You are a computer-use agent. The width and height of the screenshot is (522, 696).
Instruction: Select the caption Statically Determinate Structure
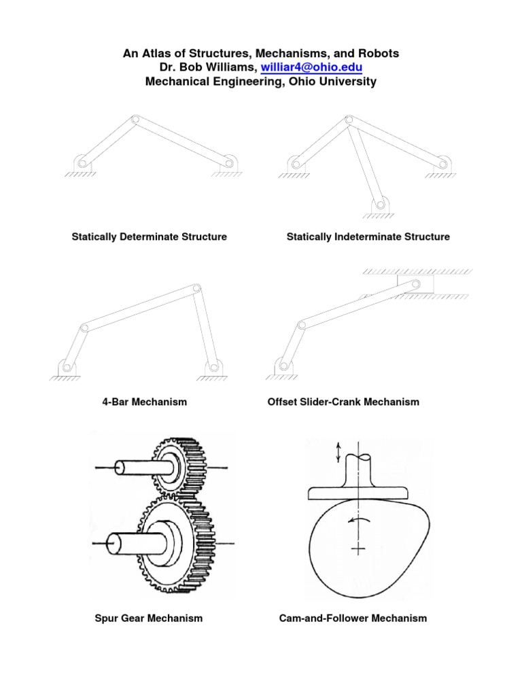(x=150, y=237)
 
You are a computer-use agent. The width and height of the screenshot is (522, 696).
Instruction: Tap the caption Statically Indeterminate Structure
(x=368, y=237)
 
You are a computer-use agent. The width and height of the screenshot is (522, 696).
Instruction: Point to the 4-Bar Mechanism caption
(x=144, y=402)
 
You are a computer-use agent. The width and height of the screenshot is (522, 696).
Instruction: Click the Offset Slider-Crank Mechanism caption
(x=344, y=402)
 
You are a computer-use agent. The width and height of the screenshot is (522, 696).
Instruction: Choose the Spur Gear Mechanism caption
(x=148, y=618)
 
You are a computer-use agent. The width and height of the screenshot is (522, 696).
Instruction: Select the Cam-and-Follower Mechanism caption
(x=353, y=618)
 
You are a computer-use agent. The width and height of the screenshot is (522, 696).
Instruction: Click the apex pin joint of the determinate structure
(x=136, y=120)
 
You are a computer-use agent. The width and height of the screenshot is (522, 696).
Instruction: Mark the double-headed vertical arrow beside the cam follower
(x=338, y=451)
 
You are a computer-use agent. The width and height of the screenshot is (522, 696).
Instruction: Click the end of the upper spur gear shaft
(x=117, y=468)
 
